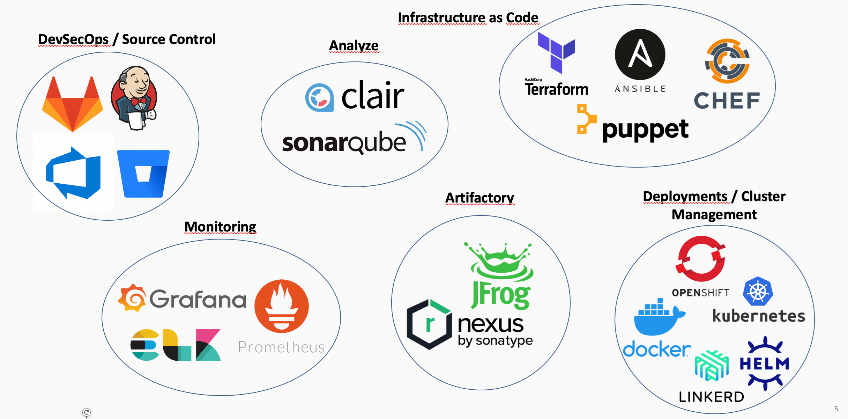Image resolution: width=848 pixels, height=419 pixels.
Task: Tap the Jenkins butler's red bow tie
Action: tap(139, 101)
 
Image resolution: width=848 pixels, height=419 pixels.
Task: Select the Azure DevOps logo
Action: tap(73, 173)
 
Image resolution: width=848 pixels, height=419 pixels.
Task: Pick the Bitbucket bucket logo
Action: tap(143, 174)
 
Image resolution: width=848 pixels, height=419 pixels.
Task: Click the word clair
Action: tap(373, 95)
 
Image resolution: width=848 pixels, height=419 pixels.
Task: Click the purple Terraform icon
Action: tap(556, 52)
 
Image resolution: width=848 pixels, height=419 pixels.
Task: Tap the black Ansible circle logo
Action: tap(640, 54)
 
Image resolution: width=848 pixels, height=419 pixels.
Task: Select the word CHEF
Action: tap(727, 101)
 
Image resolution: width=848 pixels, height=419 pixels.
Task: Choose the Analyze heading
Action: tap(354, 46)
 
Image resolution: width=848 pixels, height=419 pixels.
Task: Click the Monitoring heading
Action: tap(220, 227)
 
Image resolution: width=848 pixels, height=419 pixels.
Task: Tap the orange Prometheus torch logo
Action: tap(282, 306)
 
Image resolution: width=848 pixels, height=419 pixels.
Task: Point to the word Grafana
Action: tap(198, 299)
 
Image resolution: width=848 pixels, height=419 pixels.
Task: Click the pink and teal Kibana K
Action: tap(208, 345)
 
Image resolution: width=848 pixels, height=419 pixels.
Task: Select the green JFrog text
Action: tap(501, 295)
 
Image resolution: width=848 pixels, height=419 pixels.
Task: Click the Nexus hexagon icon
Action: tap(429, 324)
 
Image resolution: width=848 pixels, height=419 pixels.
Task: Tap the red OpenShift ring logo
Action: tap(700, 259)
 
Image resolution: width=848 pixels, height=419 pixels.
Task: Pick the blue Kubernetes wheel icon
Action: tap(758, 292)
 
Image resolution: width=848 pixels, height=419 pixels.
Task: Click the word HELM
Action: tap(765, 364)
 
